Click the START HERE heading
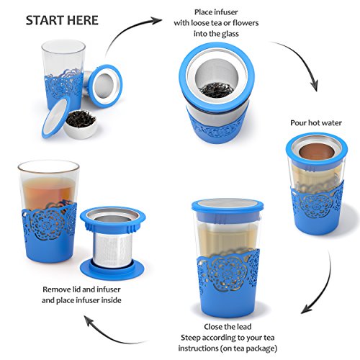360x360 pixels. pyautogui.click(x=62, y=20)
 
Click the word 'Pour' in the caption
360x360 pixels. pyautogui.click(x=298, y=123)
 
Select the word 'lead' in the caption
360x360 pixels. pyautogui.click(x=243, y=327)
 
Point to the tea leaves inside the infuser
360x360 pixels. pyautogui.click(x=217, y=90)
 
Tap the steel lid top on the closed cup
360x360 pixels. pyautogui.click(x=228, y=204)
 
